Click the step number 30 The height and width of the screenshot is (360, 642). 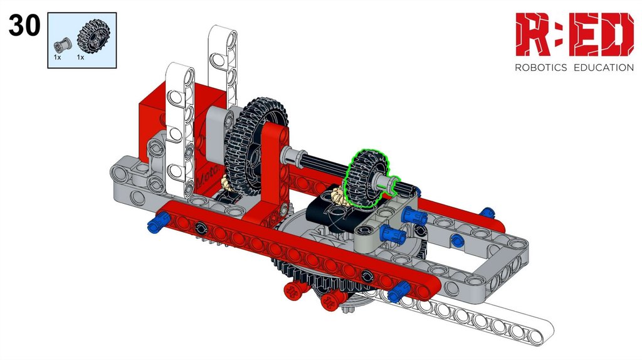pos(24,25)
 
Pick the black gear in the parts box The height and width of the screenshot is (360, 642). pos(94,36)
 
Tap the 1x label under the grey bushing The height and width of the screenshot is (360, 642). pos(57,58)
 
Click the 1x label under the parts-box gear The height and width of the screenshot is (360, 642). pos(81,58)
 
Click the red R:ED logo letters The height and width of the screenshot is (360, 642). pos(574,34)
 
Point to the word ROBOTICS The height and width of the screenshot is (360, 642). pos(540,68)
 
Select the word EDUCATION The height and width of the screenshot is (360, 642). pos(604,68)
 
